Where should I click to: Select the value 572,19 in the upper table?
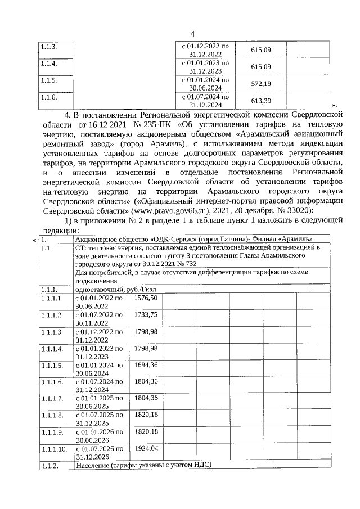(x=260, y=83)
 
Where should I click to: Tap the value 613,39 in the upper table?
(x=260, y=100)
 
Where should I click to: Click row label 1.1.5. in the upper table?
(x=49, y=80)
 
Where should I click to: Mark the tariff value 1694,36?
(x=146, y=364)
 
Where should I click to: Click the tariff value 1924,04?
(x=146, y=448)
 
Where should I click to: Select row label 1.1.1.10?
(x=54, y=449)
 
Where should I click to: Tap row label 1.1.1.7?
(x=52, y=398)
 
